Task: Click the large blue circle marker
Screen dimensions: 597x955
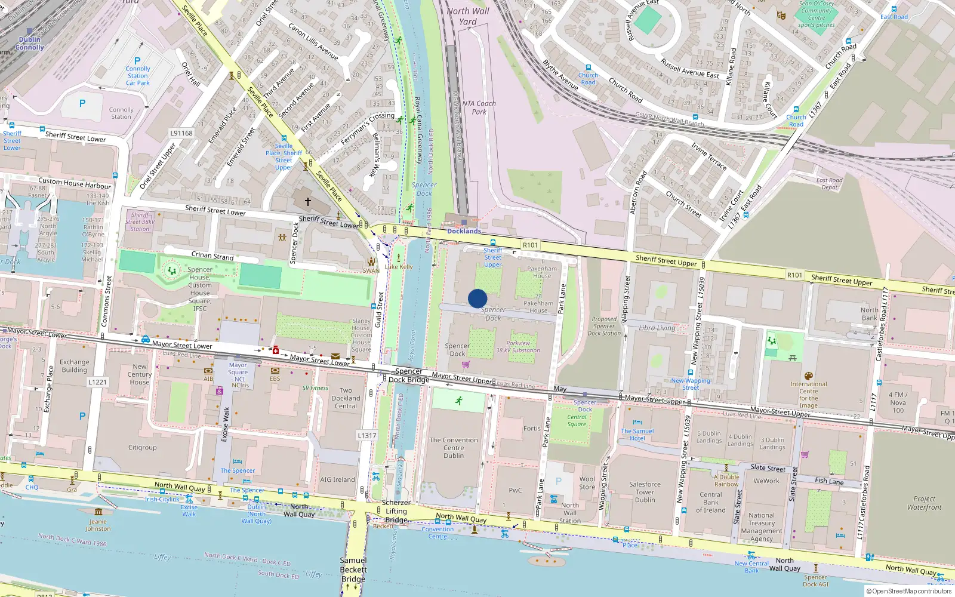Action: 478,298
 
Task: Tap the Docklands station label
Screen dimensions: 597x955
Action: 464,231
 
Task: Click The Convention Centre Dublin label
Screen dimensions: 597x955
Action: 454,448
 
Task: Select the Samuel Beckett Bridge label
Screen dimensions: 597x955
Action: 353,570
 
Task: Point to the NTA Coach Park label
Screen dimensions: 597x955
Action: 479,107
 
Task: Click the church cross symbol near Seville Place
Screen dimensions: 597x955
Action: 308,202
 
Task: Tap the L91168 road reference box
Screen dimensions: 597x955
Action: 181,133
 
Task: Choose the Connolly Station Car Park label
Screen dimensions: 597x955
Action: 138,76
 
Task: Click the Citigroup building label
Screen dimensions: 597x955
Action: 142,447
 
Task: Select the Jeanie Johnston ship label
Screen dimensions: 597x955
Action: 98,525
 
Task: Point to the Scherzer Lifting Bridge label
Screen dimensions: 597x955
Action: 396,511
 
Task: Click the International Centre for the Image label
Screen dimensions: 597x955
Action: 809,395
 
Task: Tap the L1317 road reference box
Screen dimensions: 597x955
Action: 367,435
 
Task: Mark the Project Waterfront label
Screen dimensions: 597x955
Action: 925,503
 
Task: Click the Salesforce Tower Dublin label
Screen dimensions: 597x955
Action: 645,492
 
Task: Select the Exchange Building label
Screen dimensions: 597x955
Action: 74,365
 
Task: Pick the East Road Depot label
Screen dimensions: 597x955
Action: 829,183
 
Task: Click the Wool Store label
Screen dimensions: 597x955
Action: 587,482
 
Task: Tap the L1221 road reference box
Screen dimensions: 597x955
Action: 97,382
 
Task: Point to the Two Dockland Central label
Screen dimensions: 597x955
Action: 346,398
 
